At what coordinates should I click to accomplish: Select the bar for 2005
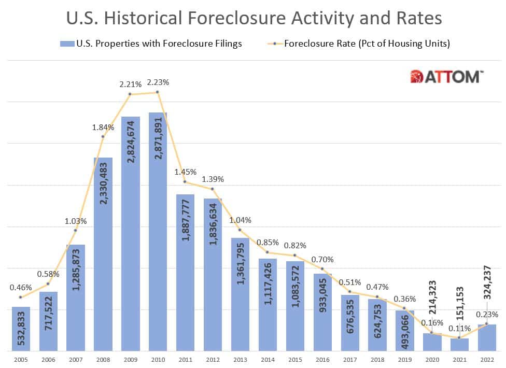coord(21,329)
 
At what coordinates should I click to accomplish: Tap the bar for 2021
coord(459,345)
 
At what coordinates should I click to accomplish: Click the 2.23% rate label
coord(158,82)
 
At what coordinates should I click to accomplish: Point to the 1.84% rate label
coord(103,126)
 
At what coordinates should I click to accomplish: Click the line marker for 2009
coord(130,94)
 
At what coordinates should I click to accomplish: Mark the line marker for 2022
coord(486,324)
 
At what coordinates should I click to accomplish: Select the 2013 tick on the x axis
coord(240,359)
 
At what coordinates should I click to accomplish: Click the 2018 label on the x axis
coord(377,359)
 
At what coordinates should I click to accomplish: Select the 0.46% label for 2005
coord(21,287)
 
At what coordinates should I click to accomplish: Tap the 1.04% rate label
coord(240,219)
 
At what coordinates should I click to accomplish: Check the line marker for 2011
coord(185,181)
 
